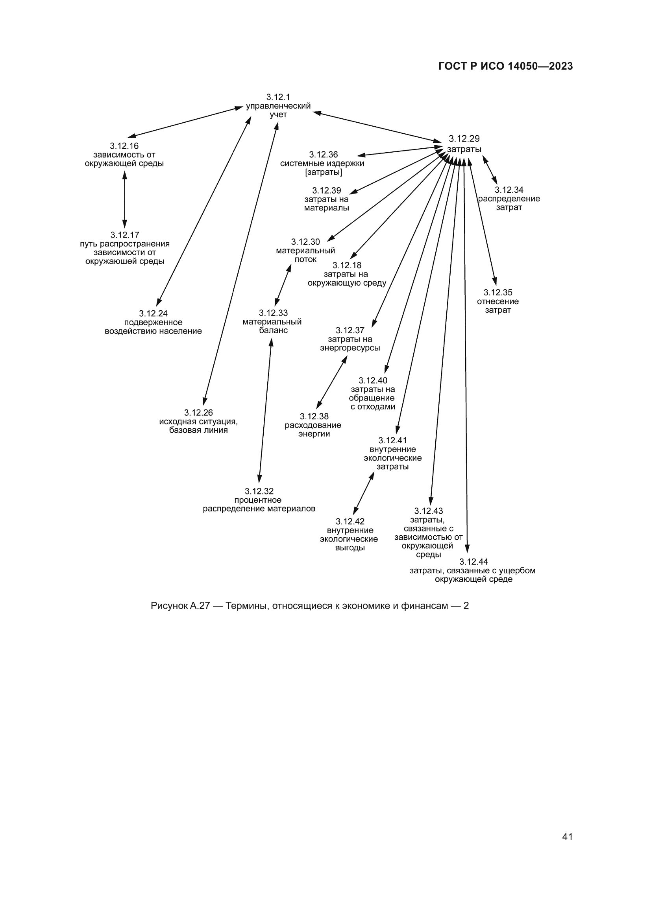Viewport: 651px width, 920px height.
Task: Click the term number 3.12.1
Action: click(278, 97)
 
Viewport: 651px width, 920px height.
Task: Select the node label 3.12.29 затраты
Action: click(464, 144)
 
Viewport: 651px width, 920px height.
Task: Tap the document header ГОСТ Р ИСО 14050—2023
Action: click(505, 66)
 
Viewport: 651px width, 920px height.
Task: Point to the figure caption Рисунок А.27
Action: click(309, 605)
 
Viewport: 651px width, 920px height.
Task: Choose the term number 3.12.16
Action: click(124, 146)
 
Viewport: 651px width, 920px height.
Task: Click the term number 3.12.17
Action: click(125, 235)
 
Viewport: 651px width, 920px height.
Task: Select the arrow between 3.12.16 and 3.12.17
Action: click(124, 199)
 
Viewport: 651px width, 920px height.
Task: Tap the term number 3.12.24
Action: click(153, 313)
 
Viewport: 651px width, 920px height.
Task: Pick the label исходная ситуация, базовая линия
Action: click(198, 426)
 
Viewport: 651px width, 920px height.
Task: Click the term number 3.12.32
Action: click(259, 491)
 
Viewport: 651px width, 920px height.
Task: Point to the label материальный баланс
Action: click(272, 326)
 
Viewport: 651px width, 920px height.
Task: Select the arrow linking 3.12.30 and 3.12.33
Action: click(283, 285)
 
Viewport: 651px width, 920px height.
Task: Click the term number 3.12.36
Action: click(323, 154)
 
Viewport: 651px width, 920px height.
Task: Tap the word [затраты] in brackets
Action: click(324, 172)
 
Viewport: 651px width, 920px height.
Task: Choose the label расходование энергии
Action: click(313, 430)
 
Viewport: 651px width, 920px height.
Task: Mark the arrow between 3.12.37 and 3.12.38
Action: click(332, 382)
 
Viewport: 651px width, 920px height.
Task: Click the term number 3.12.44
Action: click(473, 561)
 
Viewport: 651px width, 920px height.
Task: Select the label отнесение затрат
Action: click(497, 306)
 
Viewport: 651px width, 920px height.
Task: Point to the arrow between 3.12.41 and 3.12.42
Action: click(364, 493)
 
